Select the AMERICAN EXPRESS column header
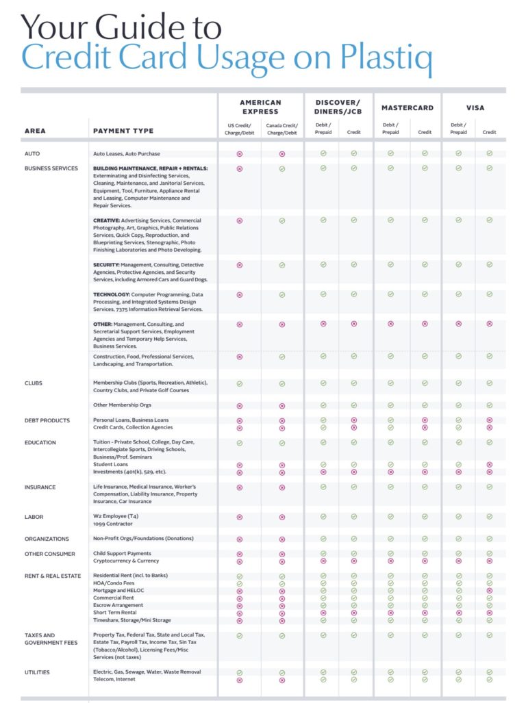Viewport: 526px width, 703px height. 260,107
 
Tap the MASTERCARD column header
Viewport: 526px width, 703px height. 408,107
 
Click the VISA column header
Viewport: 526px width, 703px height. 475,107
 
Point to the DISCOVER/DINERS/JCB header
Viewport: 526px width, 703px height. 338,107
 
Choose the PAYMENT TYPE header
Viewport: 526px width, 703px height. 123,131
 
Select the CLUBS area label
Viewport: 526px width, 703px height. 34,383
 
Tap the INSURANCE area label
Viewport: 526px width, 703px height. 40,487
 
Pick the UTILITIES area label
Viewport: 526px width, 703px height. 37,672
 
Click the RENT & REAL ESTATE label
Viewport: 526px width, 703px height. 53,576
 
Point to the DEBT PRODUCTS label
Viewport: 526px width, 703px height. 47,420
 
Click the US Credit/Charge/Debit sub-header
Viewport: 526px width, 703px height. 240,129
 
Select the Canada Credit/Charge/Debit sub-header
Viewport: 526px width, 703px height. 281,129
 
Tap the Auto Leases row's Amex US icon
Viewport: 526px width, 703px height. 240,154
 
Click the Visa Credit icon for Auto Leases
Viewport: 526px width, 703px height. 489,154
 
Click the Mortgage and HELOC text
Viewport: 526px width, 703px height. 118,591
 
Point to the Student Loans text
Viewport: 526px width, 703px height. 110,465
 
